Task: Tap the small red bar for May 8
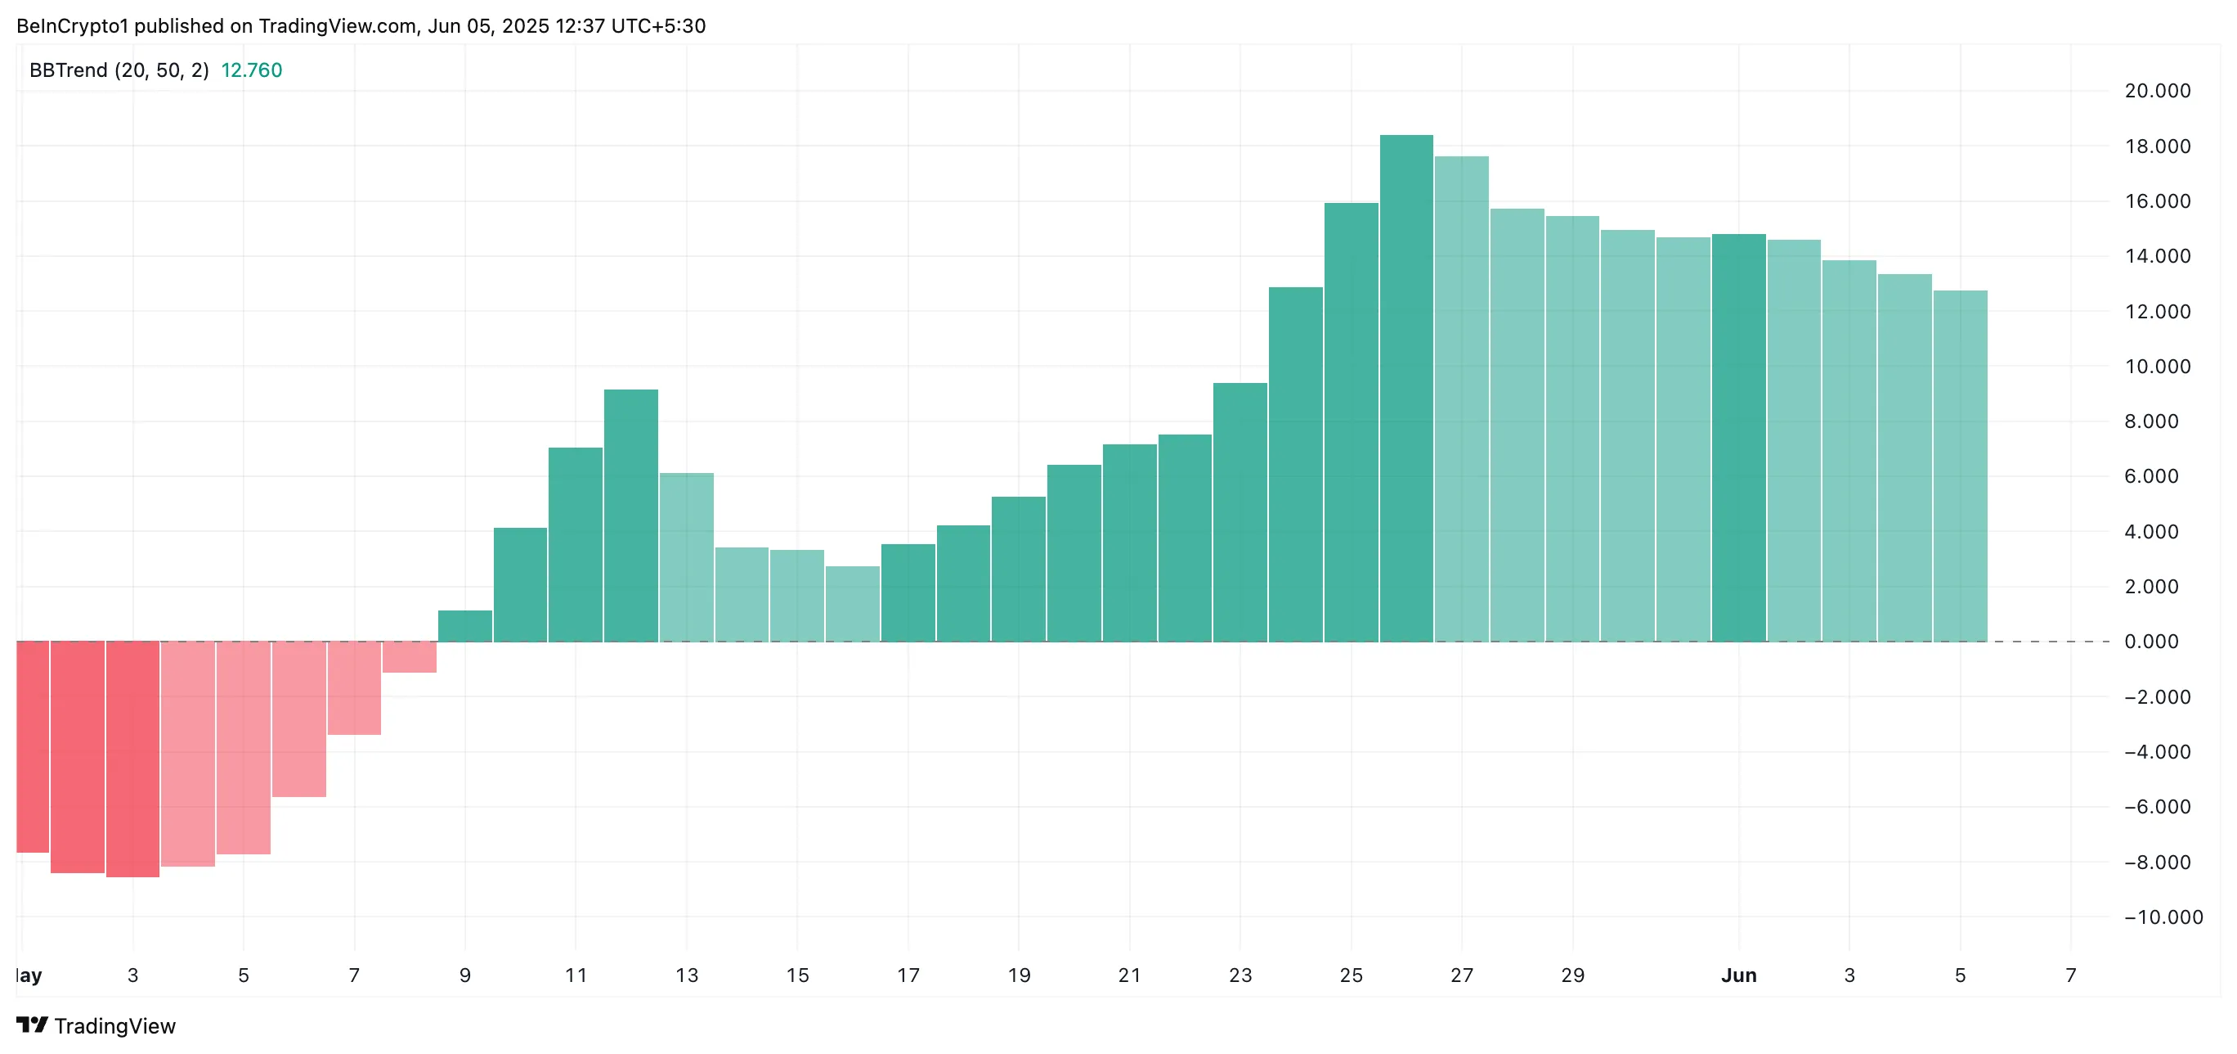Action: click(x=409, y=657)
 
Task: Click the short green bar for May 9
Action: click(x=464, y=626)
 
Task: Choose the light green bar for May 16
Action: click(x=852, y=604)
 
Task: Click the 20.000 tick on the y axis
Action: click(x=2157, y=91)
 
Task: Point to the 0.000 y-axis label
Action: click(x=2151, y=642)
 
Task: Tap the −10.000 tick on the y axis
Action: click(x=2163, y=917)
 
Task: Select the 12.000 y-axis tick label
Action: click(x=2157, y=312)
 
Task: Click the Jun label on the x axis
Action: click(x=1738, y=975)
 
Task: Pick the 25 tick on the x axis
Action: click(x=1351, y=975)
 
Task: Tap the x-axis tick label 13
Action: click(x=686, y=975)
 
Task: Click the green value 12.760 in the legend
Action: click(x=251, y=70)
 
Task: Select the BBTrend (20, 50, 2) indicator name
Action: click(x=119, y=70)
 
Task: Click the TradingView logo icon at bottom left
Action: click(x=32, y=1025)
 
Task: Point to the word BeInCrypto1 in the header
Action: click(x=72, y=26)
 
